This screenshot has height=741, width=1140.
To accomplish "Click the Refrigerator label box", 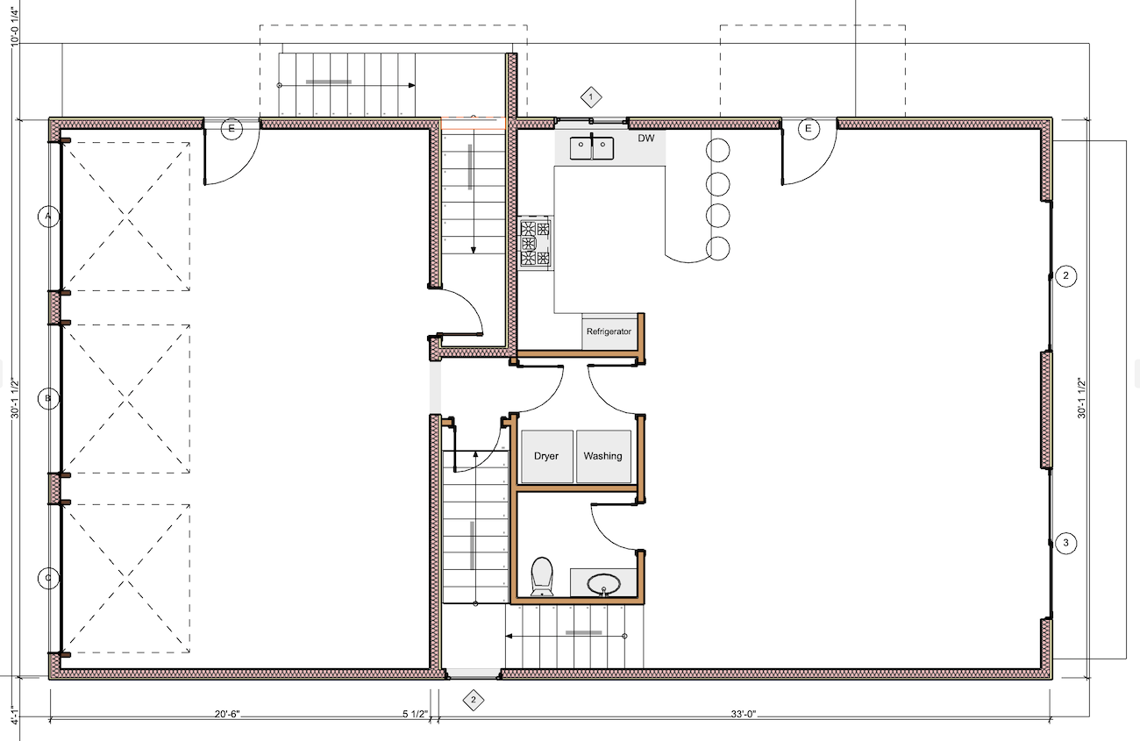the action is pos(609,331).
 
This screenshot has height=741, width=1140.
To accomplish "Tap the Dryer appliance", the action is pos(547,456).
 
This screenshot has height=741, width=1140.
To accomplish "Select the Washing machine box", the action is pos(603,456).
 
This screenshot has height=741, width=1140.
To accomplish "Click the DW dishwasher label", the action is pos(645,138).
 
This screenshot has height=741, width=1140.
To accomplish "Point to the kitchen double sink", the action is pos(591,147).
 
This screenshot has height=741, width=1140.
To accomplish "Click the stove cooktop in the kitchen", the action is pos(537,243).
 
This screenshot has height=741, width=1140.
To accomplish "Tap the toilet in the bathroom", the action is pos(542,576).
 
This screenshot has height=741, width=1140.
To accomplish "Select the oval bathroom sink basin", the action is pos(603,584).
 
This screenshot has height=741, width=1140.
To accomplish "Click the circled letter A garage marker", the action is pos(48,217).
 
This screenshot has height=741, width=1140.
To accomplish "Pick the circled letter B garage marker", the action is pos(48,398).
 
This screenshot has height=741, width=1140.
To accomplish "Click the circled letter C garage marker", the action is pos(48,578).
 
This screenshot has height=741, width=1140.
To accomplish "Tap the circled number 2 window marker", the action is pos(1066,276).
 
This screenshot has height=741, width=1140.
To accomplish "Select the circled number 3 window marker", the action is pos(1066,543).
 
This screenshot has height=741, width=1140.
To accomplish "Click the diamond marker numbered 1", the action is pos(591,96).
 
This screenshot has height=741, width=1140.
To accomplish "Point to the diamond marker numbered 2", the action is pos(474,700).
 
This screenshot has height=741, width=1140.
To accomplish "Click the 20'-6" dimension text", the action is pos(227,714).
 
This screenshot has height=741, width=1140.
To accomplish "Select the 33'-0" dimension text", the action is pos(744,714).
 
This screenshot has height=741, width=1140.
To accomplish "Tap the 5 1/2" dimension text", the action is pos(416,714).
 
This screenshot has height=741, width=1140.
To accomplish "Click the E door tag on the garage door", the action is pos(232,129).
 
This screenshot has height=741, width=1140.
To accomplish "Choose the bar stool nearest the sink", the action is pos(717,151).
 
